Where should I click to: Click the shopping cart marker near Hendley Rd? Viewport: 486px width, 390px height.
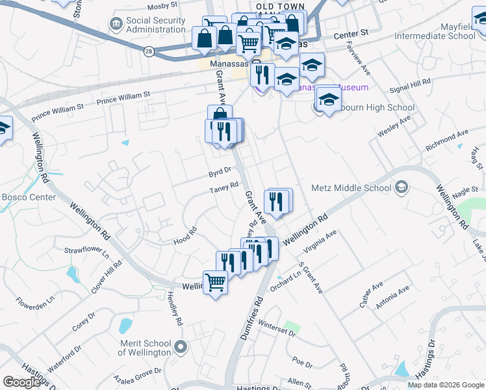(x=215, y=283)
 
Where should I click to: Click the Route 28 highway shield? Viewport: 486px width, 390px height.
(x=149, y=52)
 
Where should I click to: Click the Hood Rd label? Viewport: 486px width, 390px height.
(x=185, y=236)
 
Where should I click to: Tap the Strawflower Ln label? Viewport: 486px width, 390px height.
(x=86, y=250)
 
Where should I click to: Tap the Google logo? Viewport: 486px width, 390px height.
(x=21, y=382)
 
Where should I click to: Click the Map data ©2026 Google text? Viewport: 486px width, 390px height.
(x=445, y=385)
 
